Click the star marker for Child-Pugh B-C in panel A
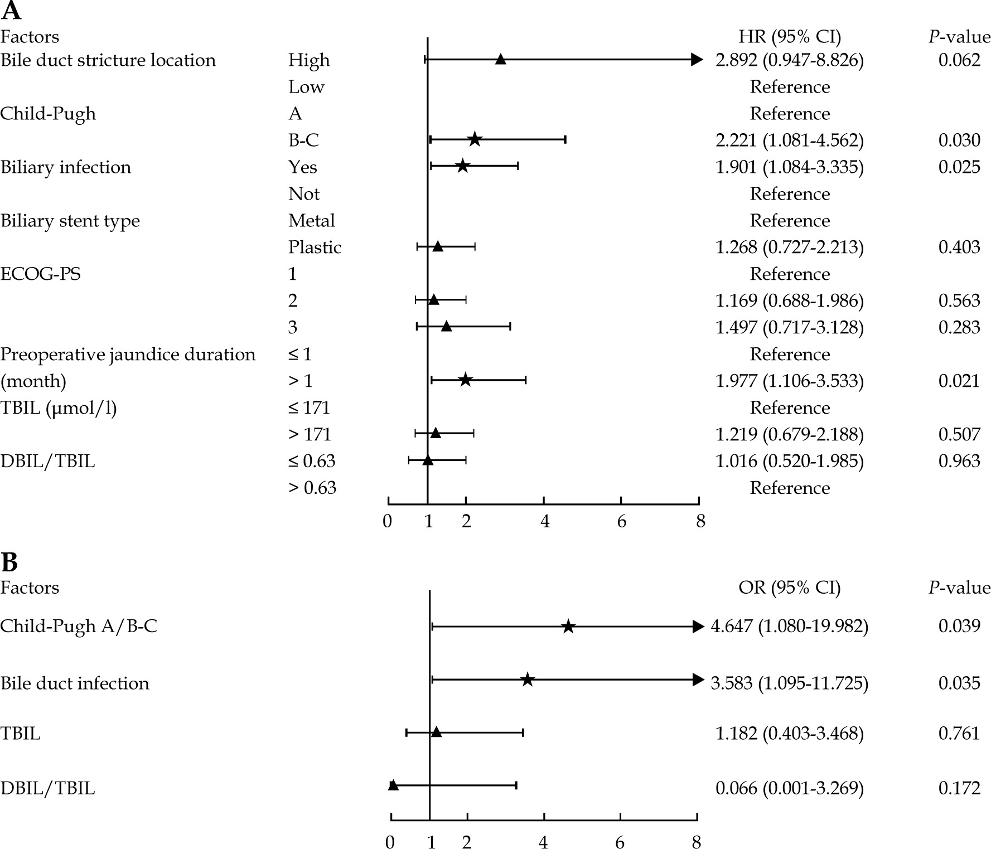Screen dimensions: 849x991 coord(475,139)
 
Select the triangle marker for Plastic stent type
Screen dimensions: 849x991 coord(438,246)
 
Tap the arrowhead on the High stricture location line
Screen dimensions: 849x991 coord(697,60)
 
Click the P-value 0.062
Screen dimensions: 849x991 coord(959,60)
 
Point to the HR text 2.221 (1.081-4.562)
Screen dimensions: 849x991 coord(789,140)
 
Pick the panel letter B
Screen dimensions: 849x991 coord(9,562)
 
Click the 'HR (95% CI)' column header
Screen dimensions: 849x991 coord(789,37)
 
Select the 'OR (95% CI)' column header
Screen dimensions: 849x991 coord(789,588)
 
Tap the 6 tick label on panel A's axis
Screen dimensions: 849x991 coord(621,522)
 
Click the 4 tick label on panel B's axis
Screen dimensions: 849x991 coord(543,842)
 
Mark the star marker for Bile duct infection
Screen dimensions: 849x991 coord(528,680)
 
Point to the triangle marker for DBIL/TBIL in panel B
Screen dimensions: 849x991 coord(393,785)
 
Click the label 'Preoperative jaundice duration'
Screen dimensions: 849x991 coord(128,355)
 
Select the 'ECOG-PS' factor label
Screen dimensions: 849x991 coord(40,274)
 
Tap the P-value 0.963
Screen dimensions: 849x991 coord(959,461)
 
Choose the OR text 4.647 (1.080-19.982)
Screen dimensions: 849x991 coord(789,626)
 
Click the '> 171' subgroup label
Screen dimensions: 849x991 coord(310,434)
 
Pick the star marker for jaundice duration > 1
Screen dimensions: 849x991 coord(465,380)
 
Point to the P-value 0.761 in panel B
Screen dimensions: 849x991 coord(959,733)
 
